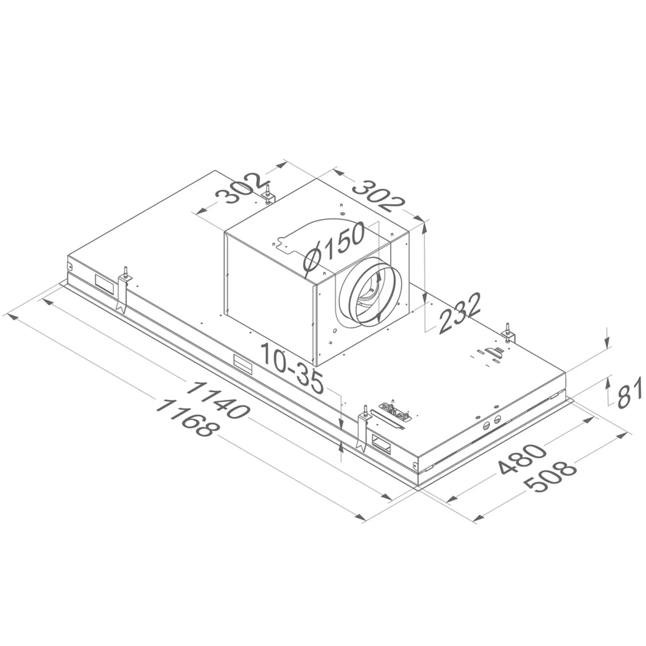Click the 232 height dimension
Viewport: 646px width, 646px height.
click(459, 314)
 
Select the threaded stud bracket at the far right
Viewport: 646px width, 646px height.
click(508, 335)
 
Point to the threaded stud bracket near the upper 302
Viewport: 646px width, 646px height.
click(269, 197)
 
